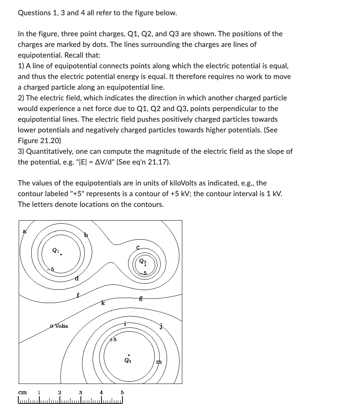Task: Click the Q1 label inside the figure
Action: click(55, 251)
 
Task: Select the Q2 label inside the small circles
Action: click(142, 261)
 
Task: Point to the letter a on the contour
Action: click(25, 231)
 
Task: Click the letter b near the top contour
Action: click(86, 235)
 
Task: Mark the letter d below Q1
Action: click(77, 279)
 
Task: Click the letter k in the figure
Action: click(103, 303)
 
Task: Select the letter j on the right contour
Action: click(161, 326)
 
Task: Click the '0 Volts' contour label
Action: click(59, 326)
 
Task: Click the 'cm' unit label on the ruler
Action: click(22, 392)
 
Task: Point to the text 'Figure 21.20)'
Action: click(39, 140)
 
